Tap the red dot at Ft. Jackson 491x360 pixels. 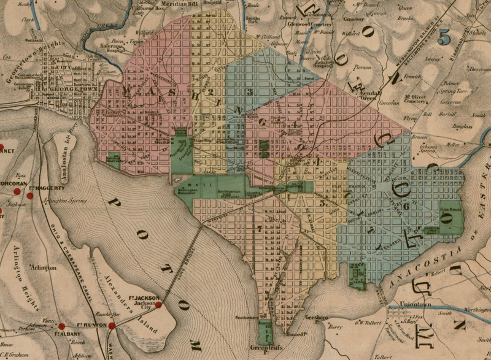pyautogui.click(x=158, y=304)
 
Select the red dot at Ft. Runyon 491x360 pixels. pyautogui.click(x=111, y=326)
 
